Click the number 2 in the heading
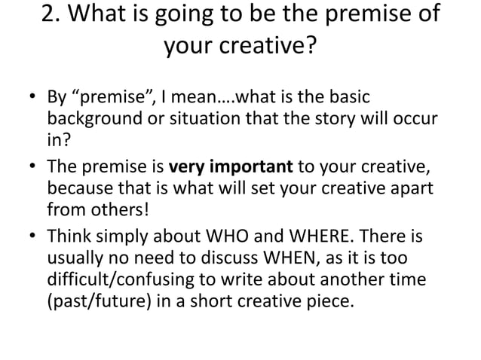(47, 16)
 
